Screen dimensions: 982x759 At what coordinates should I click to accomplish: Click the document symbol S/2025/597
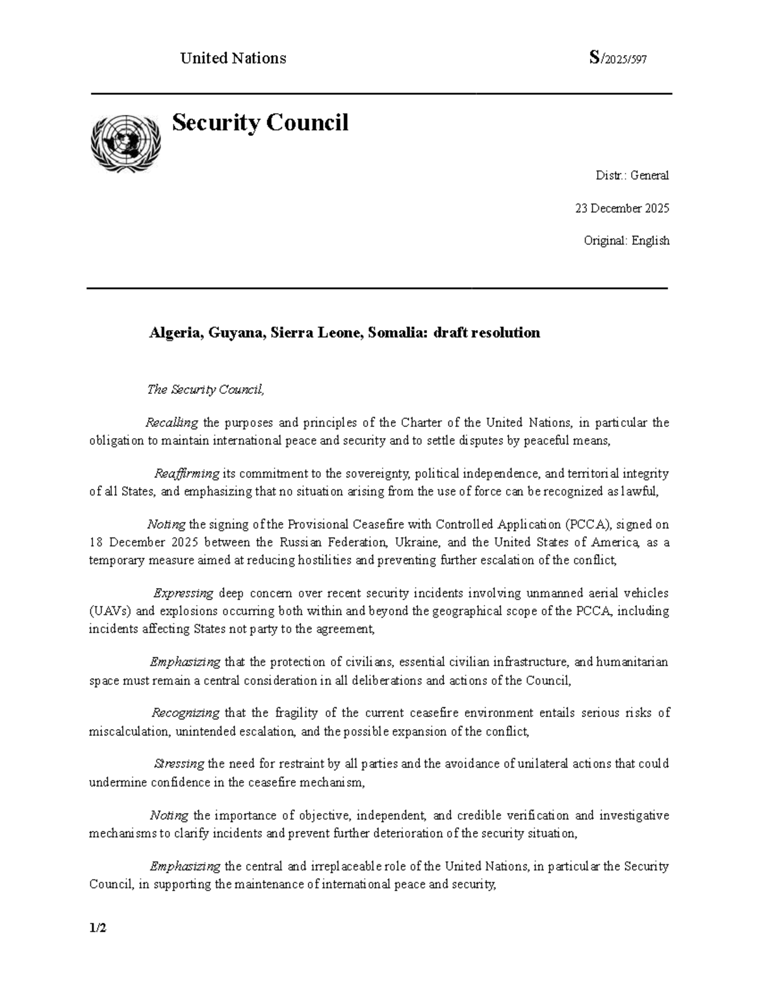click(x=617, y=59)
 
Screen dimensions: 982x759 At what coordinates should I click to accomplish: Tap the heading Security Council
click(x=260, y=122)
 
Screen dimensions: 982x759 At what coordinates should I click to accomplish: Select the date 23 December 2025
click(x=622, y=208)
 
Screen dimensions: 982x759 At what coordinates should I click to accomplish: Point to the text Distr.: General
click(x=632, y=175)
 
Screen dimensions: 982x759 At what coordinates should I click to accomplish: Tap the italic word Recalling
click(x=172, y=422)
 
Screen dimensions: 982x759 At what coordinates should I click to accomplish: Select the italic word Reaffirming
click(x=187, y=474)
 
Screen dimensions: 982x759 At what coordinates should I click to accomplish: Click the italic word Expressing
click(x=184, y=593)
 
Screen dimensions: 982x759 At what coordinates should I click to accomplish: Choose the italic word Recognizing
click(x=185, y=713)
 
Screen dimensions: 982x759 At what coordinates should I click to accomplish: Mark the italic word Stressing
click(x=180, y=763)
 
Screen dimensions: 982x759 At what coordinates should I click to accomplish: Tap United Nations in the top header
click(x=233, y=59)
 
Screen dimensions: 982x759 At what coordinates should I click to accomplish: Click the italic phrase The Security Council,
click(x=205, y=390)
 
